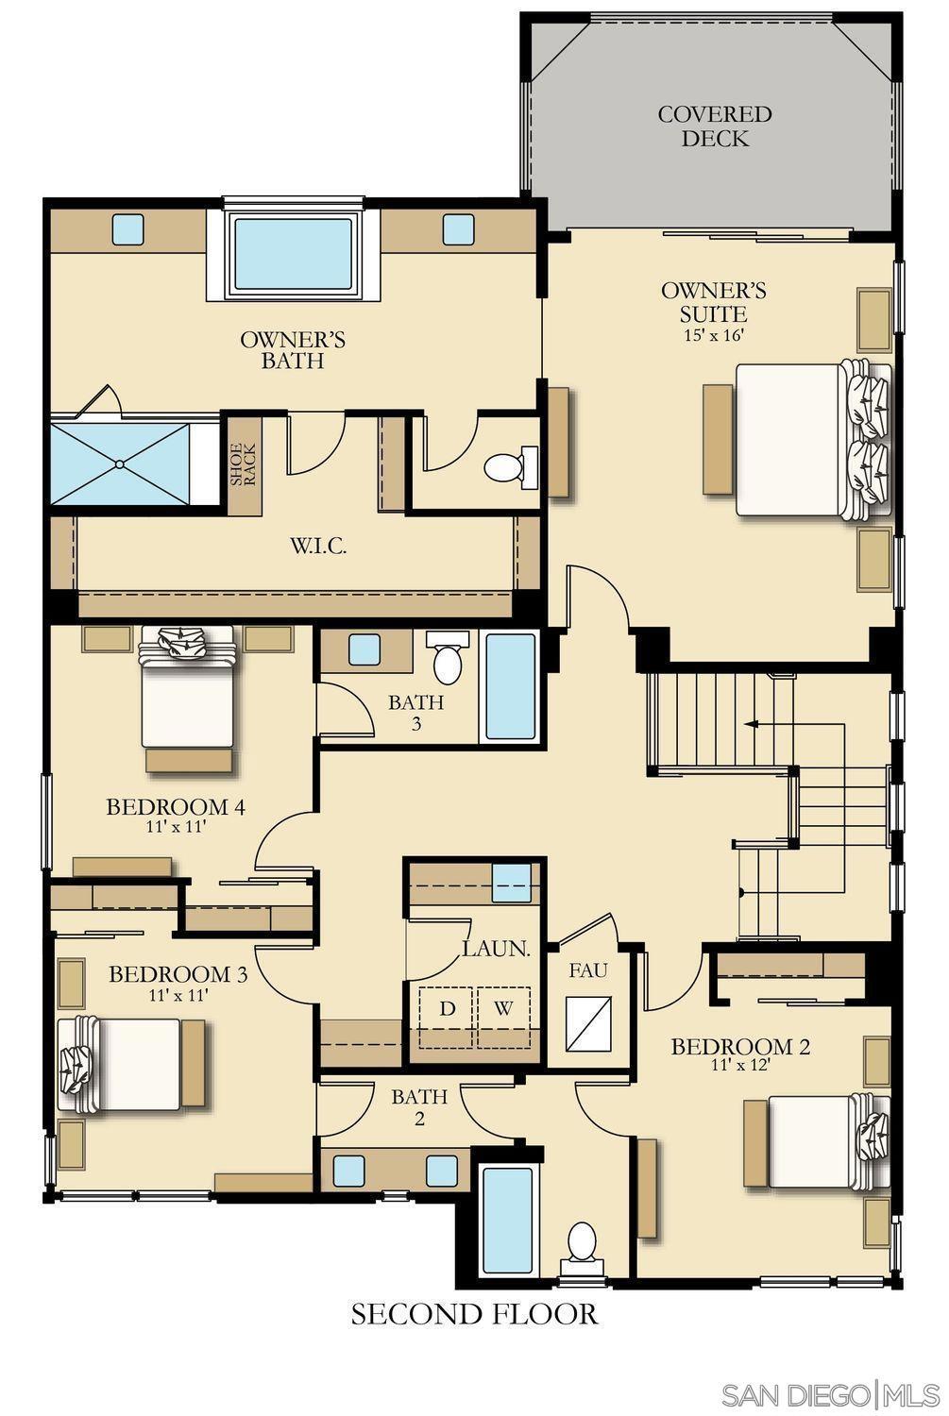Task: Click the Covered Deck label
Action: click(715, 126)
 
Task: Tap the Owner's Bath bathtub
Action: click(294, 255)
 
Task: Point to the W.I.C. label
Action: click(318, 546)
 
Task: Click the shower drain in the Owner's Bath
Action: click(119, 464)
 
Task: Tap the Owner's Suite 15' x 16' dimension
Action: click(713, 334)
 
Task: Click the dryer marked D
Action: click(447, 1017)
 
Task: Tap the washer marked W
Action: click(503, 1017)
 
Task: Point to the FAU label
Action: click(588, 970)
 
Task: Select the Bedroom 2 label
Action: click(740, 1047)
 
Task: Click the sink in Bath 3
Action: click(364, 649)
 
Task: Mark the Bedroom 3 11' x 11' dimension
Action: click(178, 994)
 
